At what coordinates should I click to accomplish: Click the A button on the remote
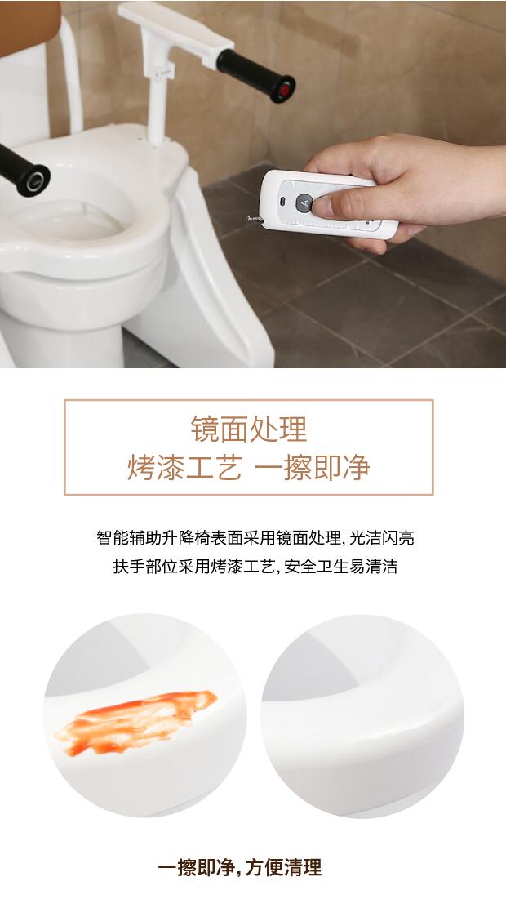point(304,203)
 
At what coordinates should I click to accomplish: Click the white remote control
point(328,205)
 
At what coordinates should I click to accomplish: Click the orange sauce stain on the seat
point(135,722)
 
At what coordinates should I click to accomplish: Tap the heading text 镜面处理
point(249,429)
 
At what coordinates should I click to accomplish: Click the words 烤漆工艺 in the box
point(184,467)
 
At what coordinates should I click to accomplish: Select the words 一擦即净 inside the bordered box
point(313,467)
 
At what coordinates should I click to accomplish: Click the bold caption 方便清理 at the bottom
point(283,867)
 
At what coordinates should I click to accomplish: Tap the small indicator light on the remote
point(282,201)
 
